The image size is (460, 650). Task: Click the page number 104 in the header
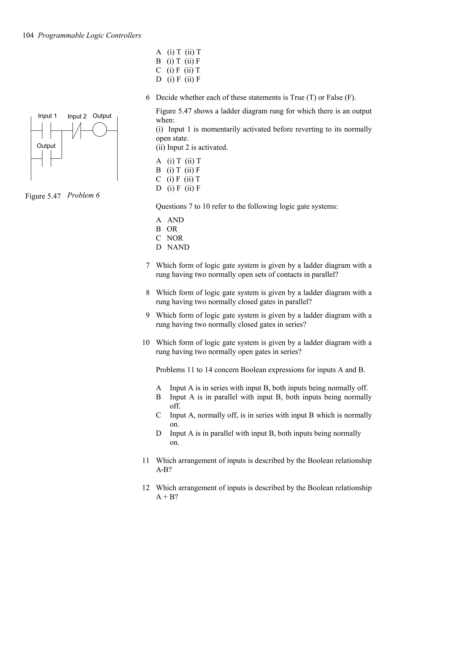pyautogui.click(x=28, y=35)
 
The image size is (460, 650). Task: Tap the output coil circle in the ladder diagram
pyautogui.click(x=100, y=130)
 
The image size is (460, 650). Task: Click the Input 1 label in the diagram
pyautogui.click(x=47, y=116)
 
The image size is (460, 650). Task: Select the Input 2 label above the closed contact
pyautogui.click(x=77, y=116)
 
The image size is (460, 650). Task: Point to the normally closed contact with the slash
pyautogui.click(x=77, y=131)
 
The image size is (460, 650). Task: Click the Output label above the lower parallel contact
pyautogui.click(x=46, y=146)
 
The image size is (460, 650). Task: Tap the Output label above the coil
pyautogui.click(x=102, y=116)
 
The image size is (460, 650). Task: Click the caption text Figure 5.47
pyautogui.click(x=43, y=196)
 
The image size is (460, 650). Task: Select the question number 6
pyautogui.click(x=147, y=98)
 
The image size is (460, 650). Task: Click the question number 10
pyautogui.click(x=146, y=342)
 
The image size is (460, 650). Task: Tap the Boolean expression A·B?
pyautogui.click(x=164, y=470)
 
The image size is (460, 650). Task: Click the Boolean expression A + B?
pyautogui.click(x=167, y=497)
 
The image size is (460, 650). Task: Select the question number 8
pyautogui.click(x=147, y=293)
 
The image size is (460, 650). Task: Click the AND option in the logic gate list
pyautogui.click(x=175, y=220)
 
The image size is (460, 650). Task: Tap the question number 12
pyautogui.click(x=146, y=488)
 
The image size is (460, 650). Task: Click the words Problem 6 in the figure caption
pyautogui.click(x=83, y=195)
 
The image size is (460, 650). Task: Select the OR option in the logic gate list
pyautogui.click(x=172, y=229)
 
